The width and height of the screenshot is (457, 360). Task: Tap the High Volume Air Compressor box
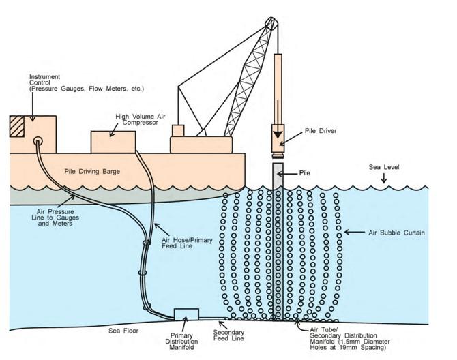[x=113, y=142]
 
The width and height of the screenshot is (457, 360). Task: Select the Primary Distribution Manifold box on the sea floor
[x=186, y=315]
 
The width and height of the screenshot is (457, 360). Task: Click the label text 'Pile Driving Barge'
[x=91, y=171]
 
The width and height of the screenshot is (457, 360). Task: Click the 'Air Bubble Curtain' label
[x=396, y=233]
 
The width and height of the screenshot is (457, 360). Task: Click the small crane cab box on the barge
[x=178, y=130]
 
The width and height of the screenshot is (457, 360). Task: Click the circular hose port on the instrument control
[x=38, y=142]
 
